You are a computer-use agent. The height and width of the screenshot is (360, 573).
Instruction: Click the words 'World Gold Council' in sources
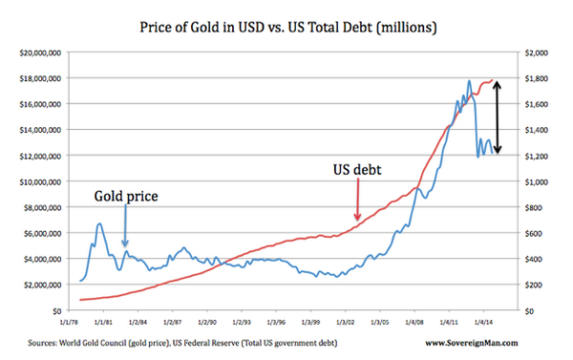tap(124, 342)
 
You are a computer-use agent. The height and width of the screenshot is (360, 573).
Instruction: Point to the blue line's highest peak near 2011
tap(469, 81)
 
